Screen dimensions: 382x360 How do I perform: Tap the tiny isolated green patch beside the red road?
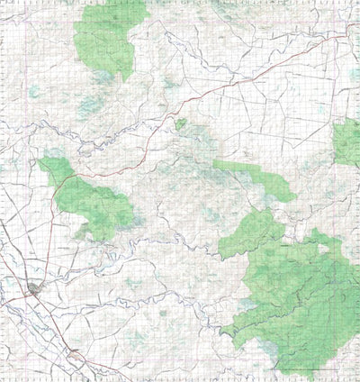(181, 123)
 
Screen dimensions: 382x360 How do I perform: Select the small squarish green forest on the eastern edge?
(347, 142)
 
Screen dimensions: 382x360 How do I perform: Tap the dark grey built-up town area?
(34, 289)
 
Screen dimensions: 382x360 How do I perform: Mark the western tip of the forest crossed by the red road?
(41, 162)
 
